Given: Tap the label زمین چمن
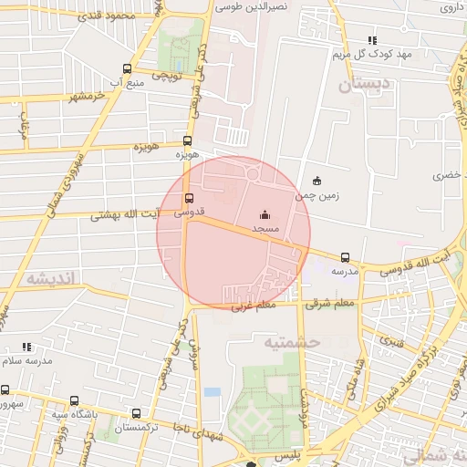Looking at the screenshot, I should click(x=311, y=195).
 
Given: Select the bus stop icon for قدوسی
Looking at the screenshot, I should click(x=190, y=198).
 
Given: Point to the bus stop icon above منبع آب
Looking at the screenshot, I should click(x=126, y=68).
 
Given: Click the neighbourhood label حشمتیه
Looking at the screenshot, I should click(x=293, y=342).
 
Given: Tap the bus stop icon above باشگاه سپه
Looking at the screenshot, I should click(x=74, y=400).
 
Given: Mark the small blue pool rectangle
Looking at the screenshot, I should click(x=212, y=391).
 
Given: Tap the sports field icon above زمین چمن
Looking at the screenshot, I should click(x=317, y=180).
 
